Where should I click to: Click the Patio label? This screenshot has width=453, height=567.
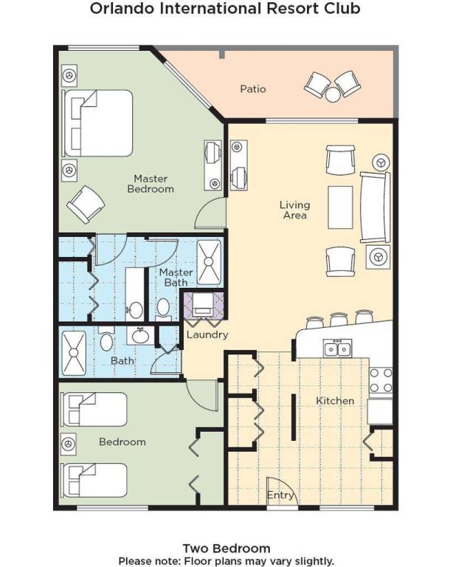(x=253, y=89)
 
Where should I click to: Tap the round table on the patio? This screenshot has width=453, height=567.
(x=333, y=95)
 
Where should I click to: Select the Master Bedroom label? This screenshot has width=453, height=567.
(x=151, y=184)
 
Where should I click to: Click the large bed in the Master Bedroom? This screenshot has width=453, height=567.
(x=97, y=123)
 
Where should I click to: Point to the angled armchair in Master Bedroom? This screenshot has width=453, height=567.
(x=86, y=205)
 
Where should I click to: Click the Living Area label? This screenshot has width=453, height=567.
(x=295, y=210)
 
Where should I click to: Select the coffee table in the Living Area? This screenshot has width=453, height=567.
(x=340, y=207)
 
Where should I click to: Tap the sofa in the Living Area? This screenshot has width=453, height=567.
(x=376, y=207)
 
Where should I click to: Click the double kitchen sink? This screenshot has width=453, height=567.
(x=338, y=348)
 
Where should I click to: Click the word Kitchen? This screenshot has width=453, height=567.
(x=335, y=401)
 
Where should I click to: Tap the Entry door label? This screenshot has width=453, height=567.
(x=280, y=495)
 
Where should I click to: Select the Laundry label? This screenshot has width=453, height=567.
(x=207, y=334)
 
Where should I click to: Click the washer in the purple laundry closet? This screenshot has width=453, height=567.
(x=204, y=303)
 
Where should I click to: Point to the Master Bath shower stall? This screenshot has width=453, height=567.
(x=209, y=262)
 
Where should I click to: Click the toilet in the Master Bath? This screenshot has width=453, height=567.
(x=164, y=309)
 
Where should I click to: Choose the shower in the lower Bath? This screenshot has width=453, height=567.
(x=74, y=353)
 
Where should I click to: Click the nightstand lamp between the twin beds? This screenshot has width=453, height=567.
(x=69, y=444)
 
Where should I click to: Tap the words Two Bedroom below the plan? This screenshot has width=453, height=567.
(x=226, y=549)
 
